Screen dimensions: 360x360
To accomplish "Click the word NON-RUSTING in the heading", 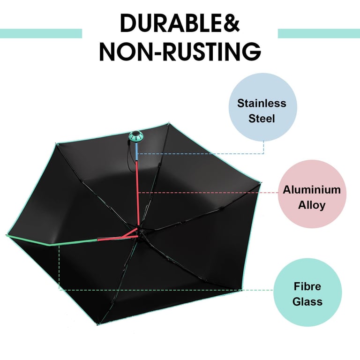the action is (x=180, y=51).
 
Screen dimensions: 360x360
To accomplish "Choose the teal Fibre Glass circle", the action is (x=307, y=292).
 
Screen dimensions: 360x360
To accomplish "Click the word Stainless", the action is (x=262, y=103).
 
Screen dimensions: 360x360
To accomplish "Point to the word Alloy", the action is (x=311, y=205).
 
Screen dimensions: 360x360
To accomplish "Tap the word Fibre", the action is (x=307, y=286).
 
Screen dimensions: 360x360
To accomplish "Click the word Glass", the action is (x=307, y=301).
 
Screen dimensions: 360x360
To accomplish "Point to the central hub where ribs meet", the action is (x=140, y=230).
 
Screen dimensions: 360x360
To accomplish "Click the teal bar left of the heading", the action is (x=41, y=33).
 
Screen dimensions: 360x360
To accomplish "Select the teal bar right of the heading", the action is (x=319, y=33).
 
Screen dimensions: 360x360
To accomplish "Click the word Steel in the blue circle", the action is (x=262, y=118).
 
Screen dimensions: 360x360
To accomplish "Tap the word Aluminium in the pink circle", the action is (x=311, y=190).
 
